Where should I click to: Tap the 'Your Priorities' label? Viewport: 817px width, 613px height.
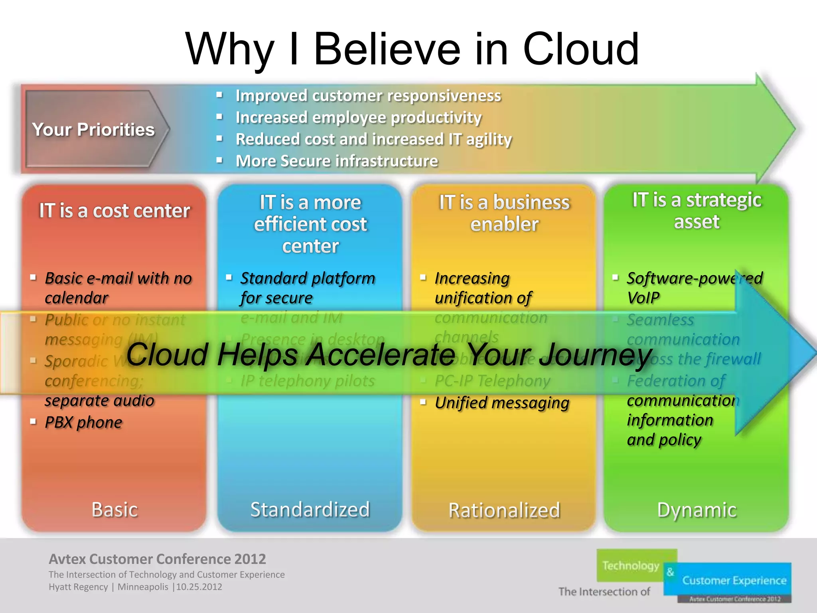point(93,130)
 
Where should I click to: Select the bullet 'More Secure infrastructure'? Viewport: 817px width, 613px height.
point(336,161)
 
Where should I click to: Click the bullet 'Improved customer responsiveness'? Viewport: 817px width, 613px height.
point(368,96)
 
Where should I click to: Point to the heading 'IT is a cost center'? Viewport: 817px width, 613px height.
point(114,211)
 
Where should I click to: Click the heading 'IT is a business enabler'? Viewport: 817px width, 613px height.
point(504,213)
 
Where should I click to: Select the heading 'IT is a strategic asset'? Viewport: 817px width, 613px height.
point(697,211)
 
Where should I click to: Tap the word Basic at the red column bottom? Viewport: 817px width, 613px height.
point(114,510)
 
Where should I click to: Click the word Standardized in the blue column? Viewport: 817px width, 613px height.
point(310,510)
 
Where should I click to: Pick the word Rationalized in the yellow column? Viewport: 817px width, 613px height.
point(504,510)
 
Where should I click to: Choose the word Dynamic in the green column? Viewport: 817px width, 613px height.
point(697,510)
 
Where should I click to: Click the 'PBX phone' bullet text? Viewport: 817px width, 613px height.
point(83,423)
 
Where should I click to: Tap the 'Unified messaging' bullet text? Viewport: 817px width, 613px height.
point(502,403)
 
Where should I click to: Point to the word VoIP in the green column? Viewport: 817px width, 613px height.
point(643,298)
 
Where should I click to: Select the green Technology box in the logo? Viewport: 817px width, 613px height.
point(630,566)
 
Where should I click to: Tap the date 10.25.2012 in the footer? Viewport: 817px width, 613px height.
point(199,587)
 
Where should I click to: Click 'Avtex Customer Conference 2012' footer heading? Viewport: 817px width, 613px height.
point(157,559)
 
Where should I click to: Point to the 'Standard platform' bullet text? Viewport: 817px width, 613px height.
point(307,279)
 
